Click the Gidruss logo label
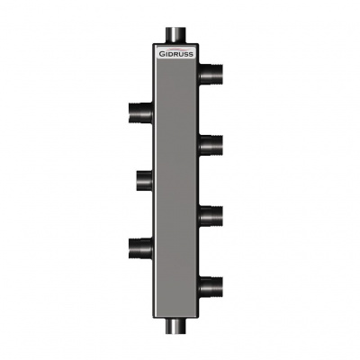click(x=176, y=52)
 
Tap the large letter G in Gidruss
click(x=161, y=54)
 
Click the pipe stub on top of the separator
click(x=175, y=35)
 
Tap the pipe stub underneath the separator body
click(x=175, y=325)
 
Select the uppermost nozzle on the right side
click(x=211, y=74)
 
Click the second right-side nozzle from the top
click(x=211, y=146)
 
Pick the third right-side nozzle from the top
click(x=211, y=216)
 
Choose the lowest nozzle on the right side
click(x=211, y=287)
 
